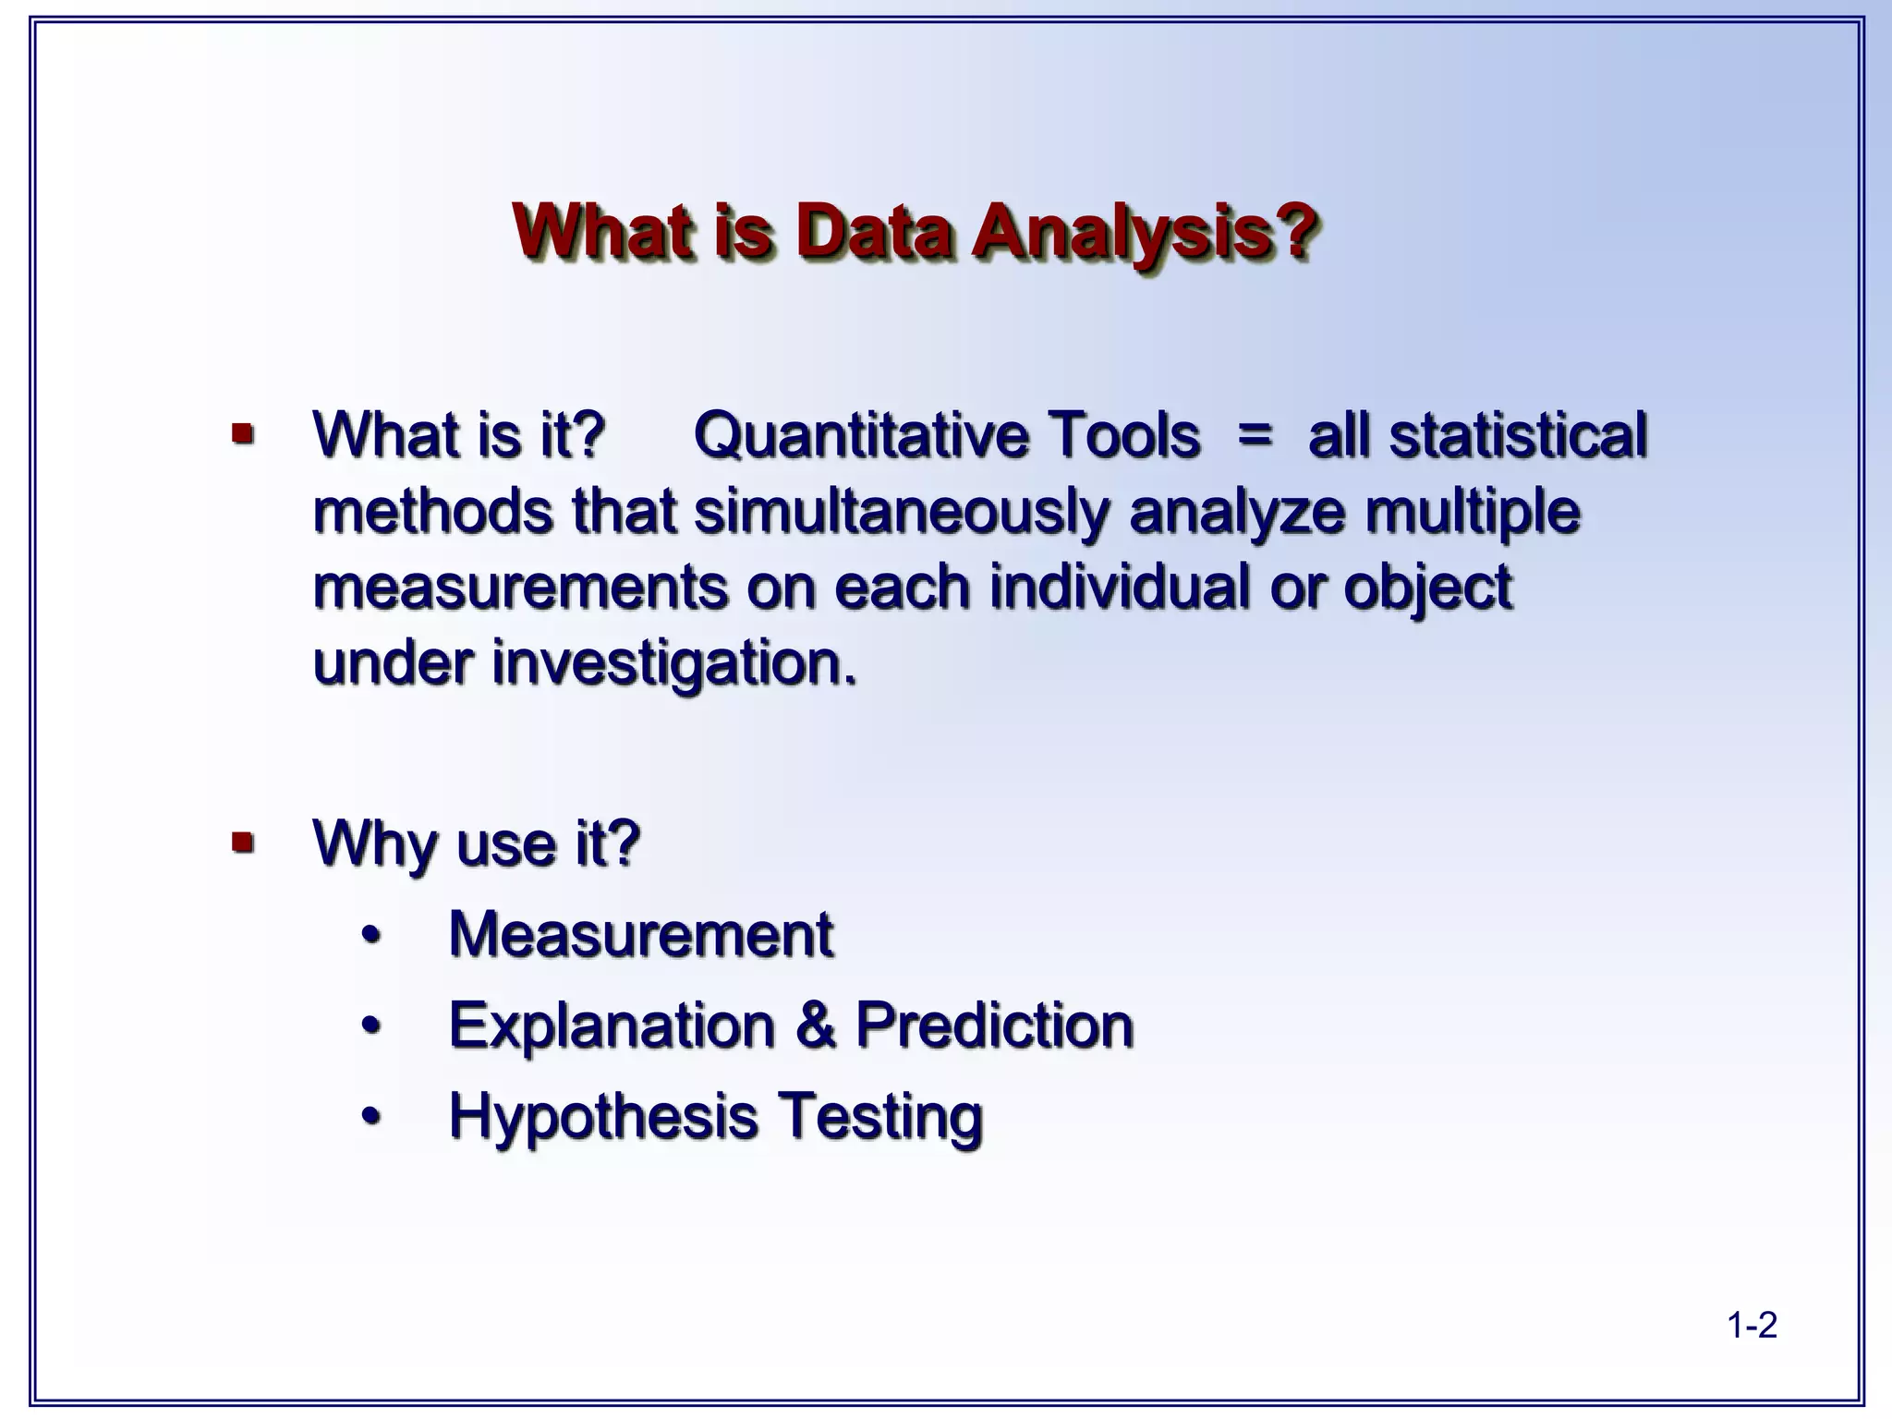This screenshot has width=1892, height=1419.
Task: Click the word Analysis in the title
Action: [x=1144, y=232]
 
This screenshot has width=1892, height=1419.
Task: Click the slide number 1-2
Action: [x=1752, y=1326]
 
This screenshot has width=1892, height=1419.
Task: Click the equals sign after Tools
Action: [x=1255, y=434]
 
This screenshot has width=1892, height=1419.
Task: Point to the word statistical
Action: [x=1518, y=435]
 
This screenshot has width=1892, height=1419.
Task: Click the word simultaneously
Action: [x=901, y=513]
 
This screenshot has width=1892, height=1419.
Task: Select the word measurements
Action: [x=520, y=588]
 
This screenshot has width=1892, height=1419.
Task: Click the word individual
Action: [x=1119, y=587]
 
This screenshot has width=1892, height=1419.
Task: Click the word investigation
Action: [x=673, y=664]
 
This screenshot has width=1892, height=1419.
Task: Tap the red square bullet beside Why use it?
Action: [x=243, y=842]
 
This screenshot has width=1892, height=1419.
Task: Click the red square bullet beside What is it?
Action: [x=243, y=432]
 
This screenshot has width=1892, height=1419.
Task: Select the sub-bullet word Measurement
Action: [x=641, y=934]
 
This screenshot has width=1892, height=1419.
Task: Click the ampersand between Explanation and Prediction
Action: [x=815, y=1025]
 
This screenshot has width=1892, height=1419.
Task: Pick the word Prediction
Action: [x=994, y=1025]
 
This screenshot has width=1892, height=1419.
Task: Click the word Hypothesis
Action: [x=603, y=1117]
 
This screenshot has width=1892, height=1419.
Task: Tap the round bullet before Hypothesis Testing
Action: [x=371, y=1116]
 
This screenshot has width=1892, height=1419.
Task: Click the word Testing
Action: [x=879, y=1117]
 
